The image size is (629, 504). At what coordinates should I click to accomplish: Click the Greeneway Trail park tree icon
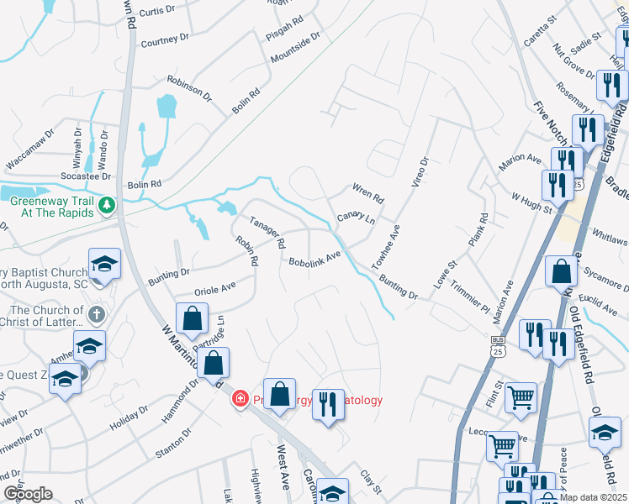[x=107, y=205]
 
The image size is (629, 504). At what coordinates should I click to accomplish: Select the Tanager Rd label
[x=267, y=233]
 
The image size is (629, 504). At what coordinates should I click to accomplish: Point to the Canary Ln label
[x=356, y=219]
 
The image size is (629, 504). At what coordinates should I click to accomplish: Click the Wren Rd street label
[x=367, y=194]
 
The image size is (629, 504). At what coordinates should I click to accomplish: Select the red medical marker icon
[x=240, y=397]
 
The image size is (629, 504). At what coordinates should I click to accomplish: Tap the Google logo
[x=28, y=494]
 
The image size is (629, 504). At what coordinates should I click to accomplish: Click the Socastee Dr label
[x=86, y=176]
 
